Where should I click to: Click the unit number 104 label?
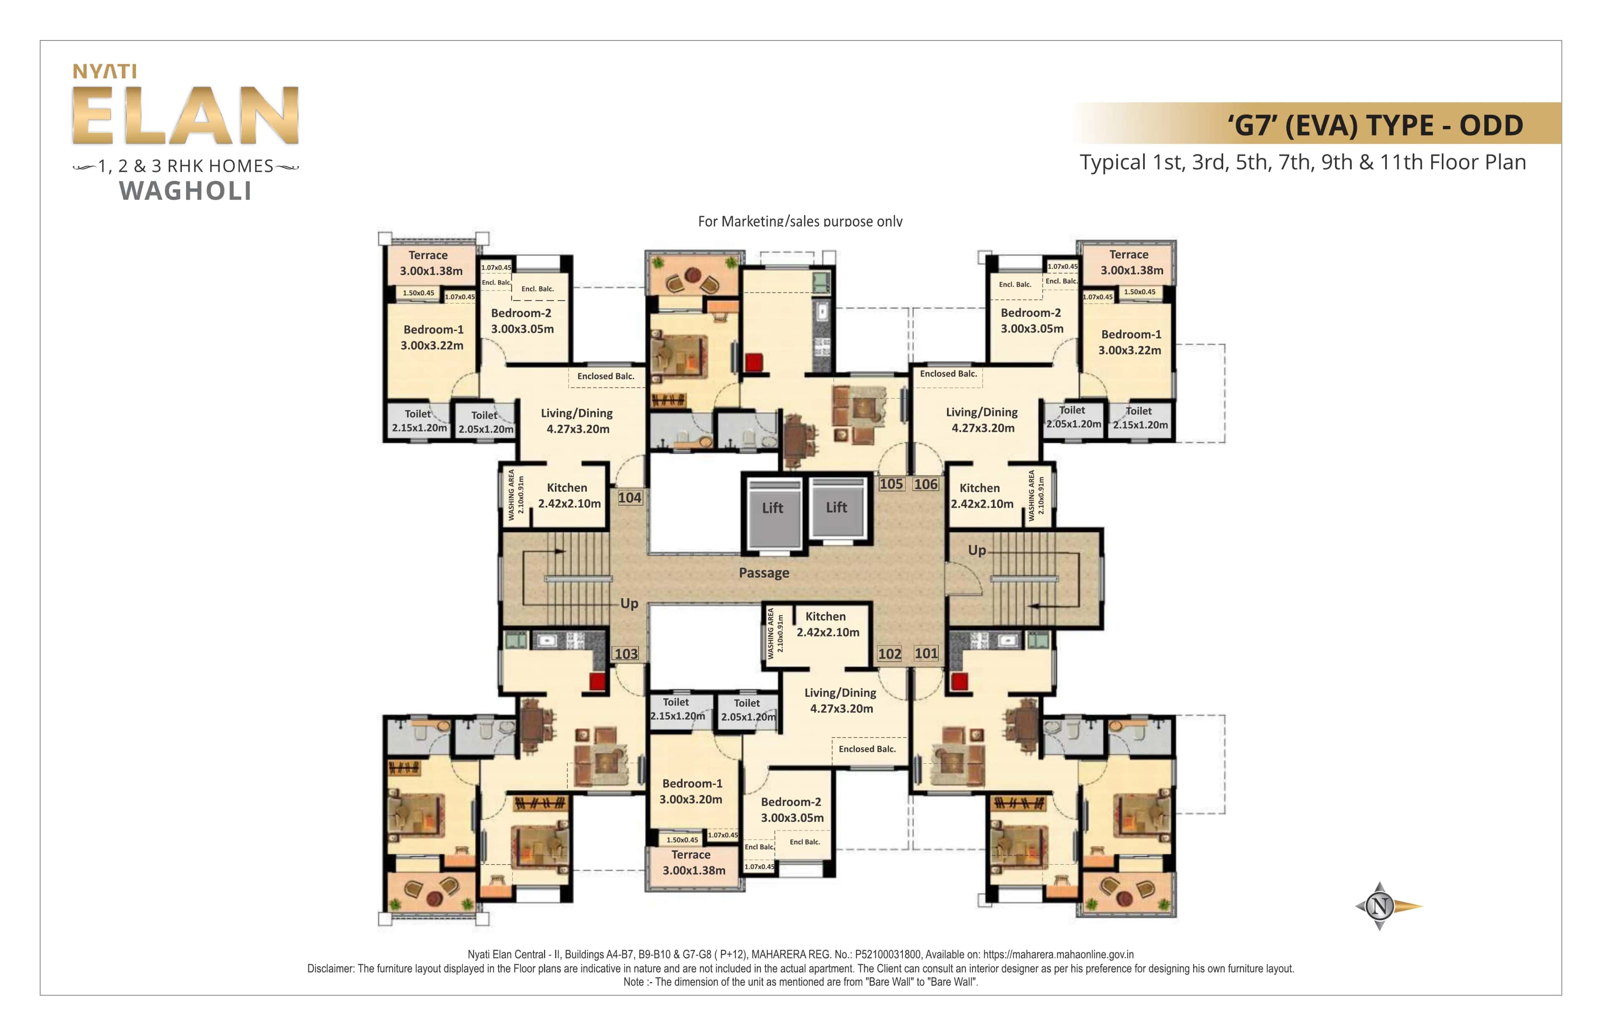point(630,498)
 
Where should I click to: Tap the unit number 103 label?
point(625,653)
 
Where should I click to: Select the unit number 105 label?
point(891,484)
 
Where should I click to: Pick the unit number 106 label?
point(925,484)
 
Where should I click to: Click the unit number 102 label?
point(889,653)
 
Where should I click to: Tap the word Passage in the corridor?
point(764,572)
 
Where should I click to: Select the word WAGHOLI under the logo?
point(186,191)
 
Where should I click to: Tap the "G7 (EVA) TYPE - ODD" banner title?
point(1375,125)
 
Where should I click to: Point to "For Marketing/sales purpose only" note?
point(800,221)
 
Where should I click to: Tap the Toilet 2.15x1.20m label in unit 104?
point(419,421)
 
